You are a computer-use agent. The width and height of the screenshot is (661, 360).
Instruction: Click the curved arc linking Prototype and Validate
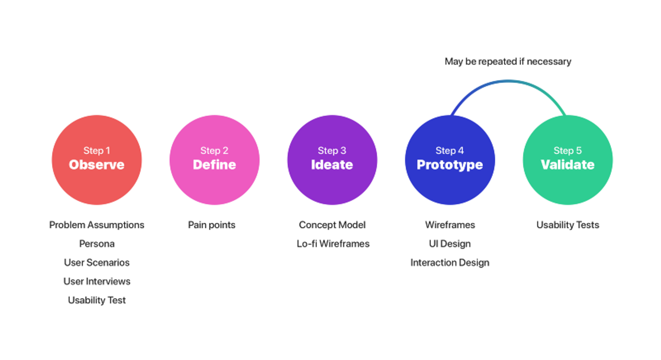pos(508,82)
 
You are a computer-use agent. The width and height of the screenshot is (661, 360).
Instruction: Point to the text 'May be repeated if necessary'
pos(508,62)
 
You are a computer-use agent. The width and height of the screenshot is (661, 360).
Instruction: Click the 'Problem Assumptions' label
pos(97,225)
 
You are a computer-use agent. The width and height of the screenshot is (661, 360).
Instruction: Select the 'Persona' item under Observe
pos(97,244)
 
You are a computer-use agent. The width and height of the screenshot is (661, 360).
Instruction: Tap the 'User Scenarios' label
pos(97,263)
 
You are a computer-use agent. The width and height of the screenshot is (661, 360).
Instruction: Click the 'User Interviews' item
pos(97,282)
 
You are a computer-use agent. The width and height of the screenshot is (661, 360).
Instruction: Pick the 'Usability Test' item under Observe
pos(97,300)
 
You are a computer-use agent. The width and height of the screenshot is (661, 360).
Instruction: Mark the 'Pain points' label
pos(212,225)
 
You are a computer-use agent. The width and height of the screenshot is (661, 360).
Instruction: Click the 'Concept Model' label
pos(332,225)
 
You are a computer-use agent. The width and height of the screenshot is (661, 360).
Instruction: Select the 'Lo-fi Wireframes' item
pos(333,244)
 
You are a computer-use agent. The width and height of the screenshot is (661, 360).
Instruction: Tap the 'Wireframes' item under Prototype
pos(450,225)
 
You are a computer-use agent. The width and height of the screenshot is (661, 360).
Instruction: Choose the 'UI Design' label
pos(450,244)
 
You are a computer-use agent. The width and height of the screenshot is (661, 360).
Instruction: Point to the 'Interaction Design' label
pos(450,263)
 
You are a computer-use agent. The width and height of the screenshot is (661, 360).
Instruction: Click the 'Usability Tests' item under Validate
pos(568,225)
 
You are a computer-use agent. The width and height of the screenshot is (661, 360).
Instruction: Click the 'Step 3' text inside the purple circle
pos(332,150)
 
